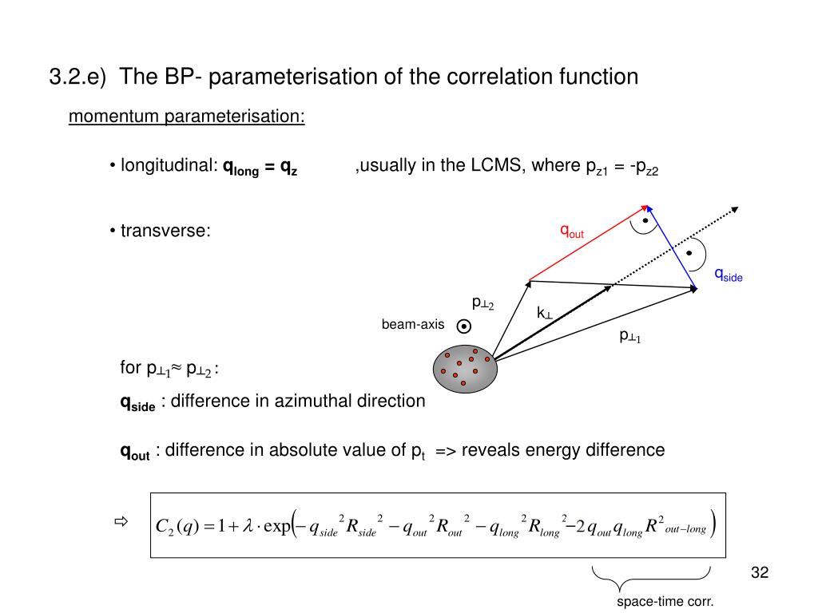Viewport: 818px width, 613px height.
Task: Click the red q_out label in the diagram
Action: click(572, 231)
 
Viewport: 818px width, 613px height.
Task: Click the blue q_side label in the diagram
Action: click(728, 275)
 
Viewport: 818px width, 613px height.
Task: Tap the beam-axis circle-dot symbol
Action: click(464, 326)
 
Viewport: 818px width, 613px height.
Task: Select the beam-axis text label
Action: click(412, 324)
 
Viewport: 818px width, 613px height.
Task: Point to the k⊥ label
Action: click(545, 314)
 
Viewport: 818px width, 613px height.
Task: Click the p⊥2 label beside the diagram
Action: click(483, 303)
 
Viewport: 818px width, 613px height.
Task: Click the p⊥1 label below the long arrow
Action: click(631, 336)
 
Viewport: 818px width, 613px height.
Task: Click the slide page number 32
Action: click(760, 573)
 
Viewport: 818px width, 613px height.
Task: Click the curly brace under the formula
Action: click(652, 575)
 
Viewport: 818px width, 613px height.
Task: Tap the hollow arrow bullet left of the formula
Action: click(121, 524)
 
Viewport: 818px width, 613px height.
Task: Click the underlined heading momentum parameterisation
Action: click(187, 117)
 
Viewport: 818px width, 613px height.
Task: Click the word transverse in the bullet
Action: click(165, 231)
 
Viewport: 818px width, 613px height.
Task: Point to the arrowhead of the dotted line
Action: click(735, 209)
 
